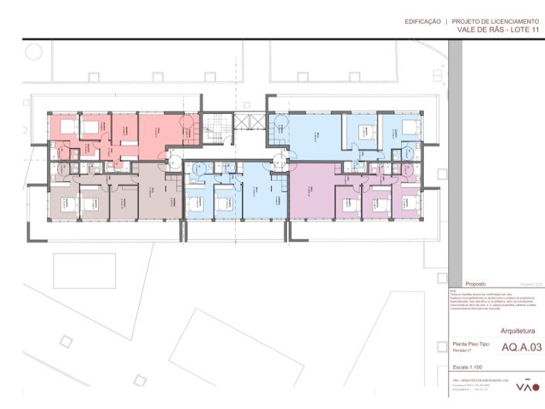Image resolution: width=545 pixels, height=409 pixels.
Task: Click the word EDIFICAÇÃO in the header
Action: click(x=423, y=22)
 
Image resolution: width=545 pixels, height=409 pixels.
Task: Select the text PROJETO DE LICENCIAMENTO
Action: click(x=496, y=22)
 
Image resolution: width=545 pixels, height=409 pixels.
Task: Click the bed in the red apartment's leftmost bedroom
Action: click(x=67, y=128)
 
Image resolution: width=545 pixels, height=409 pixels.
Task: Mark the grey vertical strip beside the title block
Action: click(x=455, y=155)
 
